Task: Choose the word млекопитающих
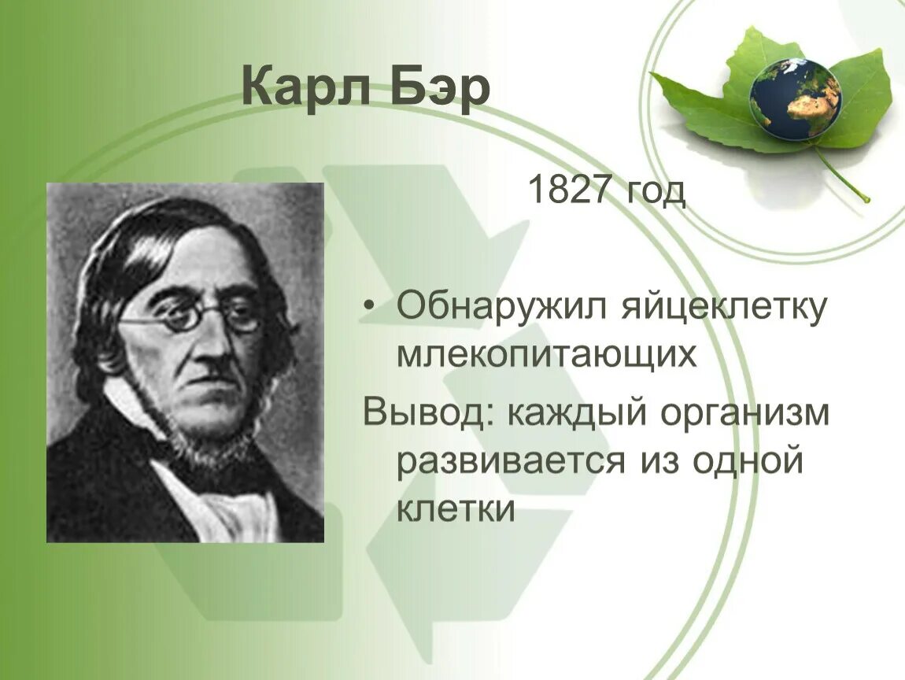point(546,356)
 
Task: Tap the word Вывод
point(423,413)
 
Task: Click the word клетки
point(455,510)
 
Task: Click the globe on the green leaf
point(795,99)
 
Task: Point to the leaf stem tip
point(866,198)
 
